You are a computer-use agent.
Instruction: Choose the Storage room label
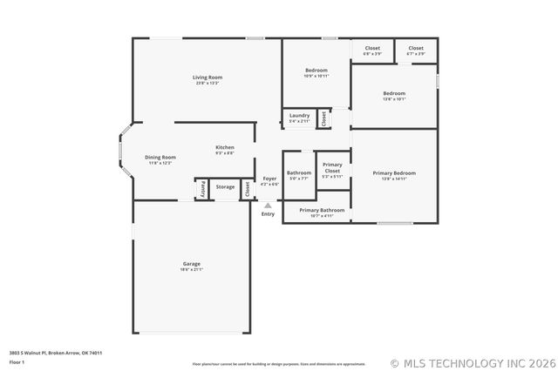coord(225,186)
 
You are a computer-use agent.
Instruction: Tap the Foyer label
coord(269,180)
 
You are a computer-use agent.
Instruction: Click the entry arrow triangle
coord(268,206)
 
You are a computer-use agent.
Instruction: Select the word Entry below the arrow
coord(268,214)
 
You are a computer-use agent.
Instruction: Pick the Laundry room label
coord(299,118)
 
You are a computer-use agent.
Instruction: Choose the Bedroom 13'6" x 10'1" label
coord(394,95)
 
